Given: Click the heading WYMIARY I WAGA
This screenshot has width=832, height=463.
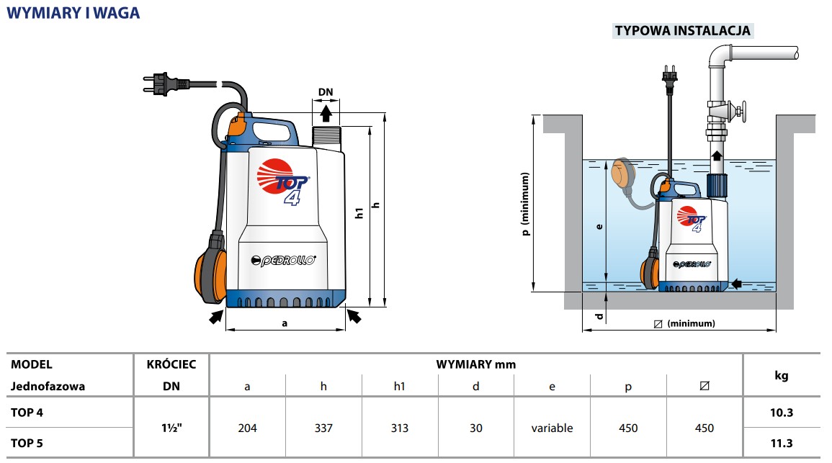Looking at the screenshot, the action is click(73, 13).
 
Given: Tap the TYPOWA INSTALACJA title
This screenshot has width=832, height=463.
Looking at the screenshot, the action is click(683, 31).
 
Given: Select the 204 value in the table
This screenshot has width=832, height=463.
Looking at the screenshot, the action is click(247, 428).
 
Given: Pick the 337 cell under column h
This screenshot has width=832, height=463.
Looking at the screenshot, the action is click(323, 428).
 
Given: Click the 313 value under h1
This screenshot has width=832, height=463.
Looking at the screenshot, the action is click(400, 428).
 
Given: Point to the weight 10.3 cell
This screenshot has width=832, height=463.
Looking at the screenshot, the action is click(782, 413).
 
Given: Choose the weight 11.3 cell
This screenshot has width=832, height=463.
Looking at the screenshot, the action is click(782, 444).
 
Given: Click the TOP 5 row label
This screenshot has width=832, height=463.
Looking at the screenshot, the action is click(27, 443).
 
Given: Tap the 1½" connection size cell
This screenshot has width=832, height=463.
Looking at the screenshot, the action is click(171, 428).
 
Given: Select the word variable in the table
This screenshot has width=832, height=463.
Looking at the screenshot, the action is click(552, 428).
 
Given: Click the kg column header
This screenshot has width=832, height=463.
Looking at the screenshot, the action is click(781, 375).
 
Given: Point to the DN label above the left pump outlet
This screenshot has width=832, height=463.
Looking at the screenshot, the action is click(326, 91).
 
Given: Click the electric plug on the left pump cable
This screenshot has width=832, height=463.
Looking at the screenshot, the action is click(165, 84).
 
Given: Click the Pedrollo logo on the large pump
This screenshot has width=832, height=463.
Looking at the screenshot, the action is click(283, 260).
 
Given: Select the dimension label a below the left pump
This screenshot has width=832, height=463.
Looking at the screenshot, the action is click(285, 323).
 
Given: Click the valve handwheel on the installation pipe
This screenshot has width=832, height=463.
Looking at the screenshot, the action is click(741, 112).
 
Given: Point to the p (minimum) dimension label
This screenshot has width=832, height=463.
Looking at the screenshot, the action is click(525, 204).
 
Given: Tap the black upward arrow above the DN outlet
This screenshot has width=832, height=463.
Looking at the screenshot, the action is click(326, 113).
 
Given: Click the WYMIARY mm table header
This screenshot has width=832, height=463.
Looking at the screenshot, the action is click(476, 364).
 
